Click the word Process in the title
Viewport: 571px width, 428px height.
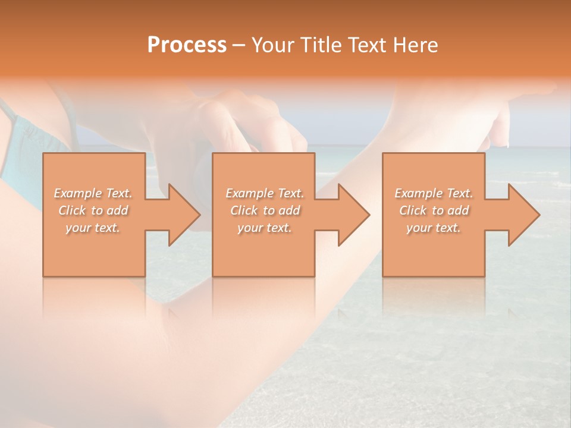point(187,45)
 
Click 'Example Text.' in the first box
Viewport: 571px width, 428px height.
point(93,193)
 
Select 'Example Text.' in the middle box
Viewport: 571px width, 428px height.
point(265,193)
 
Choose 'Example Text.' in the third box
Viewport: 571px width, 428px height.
point(434,193)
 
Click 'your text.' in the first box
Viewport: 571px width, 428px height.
point(93,228)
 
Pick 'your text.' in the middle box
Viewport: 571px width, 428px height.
point(264,228)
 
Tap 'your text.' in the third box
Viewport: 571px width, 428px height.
point(433,228)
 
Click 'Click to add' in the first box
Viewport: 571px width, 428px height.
point(93,211)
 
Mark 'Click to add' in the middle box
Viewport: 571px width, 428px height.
point(265,211)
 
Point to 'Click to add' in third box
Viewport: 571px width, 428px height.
point(434,211)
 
